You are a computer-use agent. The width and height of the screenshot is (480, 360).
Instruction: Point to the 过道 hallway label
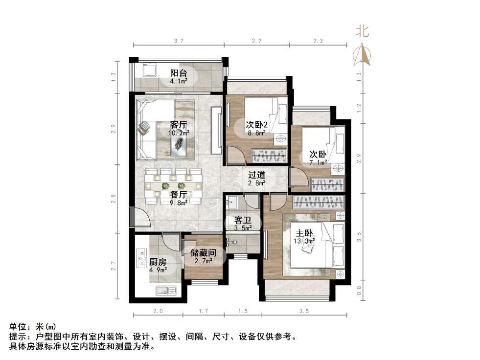pos(256,175)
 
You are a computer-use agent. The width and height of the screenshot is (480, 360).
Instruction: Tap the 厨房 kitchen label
pos(158,261)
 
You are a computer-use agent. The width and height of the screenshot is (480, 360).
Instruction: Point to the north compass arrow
pos(363,54)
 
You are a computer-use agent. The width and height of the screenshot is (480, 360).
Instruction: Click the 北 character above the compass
pos(363,32)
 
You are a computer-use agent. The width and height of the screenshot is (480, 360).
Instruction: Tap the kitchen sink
pos(165,291)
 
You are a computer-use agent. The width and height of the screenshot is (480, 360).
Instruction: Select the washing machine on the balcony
pos(148,71)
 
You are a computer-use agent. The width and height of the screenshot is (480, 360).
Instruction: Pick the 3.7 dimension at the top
pos(178,42)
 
